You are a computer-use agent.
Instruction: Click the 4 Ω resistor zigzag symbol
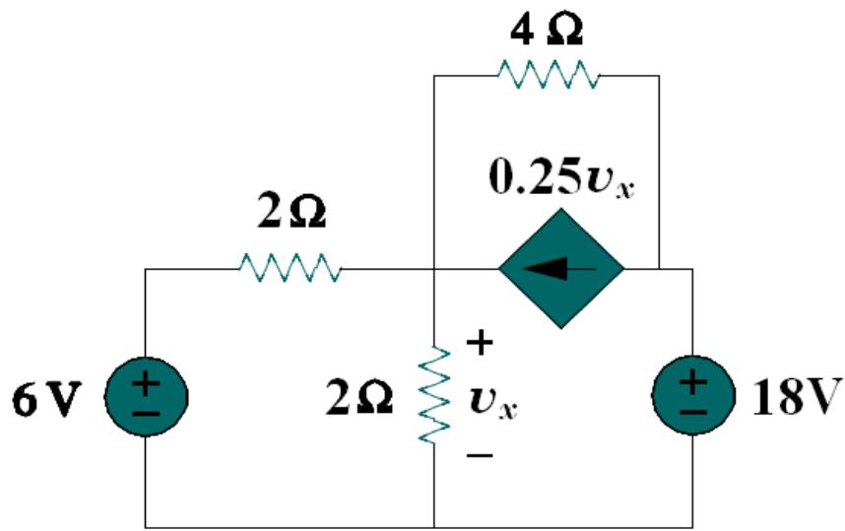pos(547,74)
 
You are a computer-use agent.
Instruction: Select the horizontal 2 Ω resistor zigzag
pos(291,267)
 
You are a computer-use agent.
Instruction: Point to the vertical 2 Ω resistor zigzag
pos(434,394)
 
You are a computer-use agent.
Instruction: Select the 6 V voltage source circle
pos(145,398)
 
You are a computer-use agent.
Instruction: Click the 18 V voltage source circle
pos(693,398)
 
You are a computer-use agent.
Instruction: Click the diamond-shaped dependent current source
pos(560,267)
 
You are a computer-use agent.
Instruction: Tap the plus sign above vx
pos(478,344)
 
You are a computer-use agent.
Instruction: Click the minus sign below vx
pos(478,455)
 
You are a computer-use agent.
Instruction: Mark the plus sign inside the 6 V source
pos(145,384)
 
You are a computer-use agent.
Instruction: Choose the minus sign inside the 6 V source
pos(145,412)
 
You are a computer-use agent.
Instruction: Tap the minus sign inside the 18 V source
pos(693,412)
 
